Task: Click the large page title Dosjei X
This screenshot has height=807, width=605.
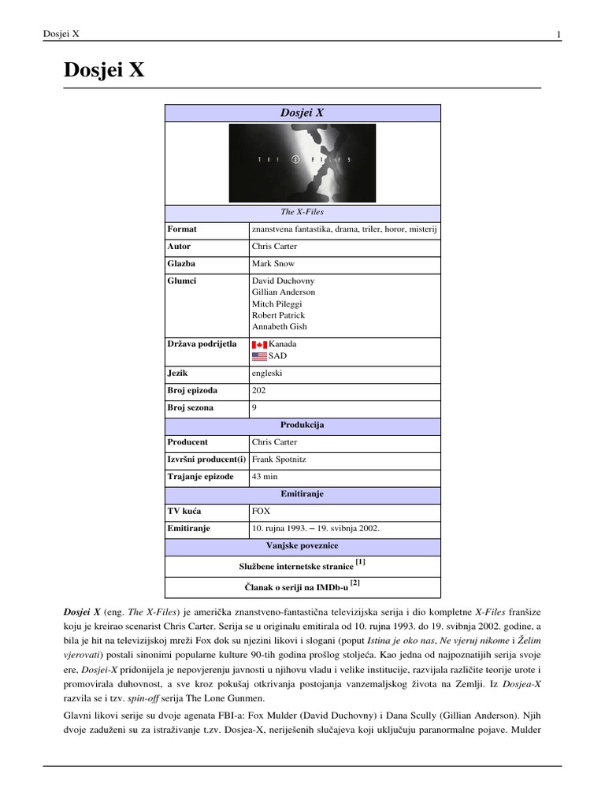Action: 104,71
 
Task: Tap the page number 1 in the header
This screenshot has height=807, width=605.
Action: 559,34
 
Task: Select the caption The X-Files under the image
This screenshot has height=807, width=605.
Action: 302,212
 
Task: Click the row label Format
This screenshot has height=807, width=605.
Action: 182,229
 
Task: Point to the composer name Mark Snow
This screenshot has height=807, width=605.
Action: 273,264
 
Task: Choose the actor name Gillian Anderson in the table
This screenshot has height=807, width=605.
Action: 284,292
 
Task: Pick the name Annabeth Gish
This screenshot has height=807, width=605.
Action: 280,326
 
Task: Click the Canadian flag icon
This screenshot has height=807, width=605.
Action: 259,344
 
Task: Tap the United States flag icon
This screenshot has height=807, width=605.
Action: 259,356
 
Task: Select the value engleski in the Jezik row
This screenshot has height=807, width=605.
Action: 268,373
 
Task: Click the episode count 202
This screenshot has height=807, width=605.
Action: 259,390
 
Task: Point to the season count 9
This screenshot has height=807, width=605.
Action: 254,408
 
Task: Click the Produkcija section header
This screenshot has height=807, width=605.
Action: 302,425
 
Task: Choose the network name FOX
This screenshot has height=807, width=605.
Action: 261,511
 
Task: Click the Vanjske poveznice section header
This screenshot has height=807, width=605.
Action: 302,545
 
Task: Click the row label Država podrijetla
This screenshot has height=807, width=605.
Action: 202,344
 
